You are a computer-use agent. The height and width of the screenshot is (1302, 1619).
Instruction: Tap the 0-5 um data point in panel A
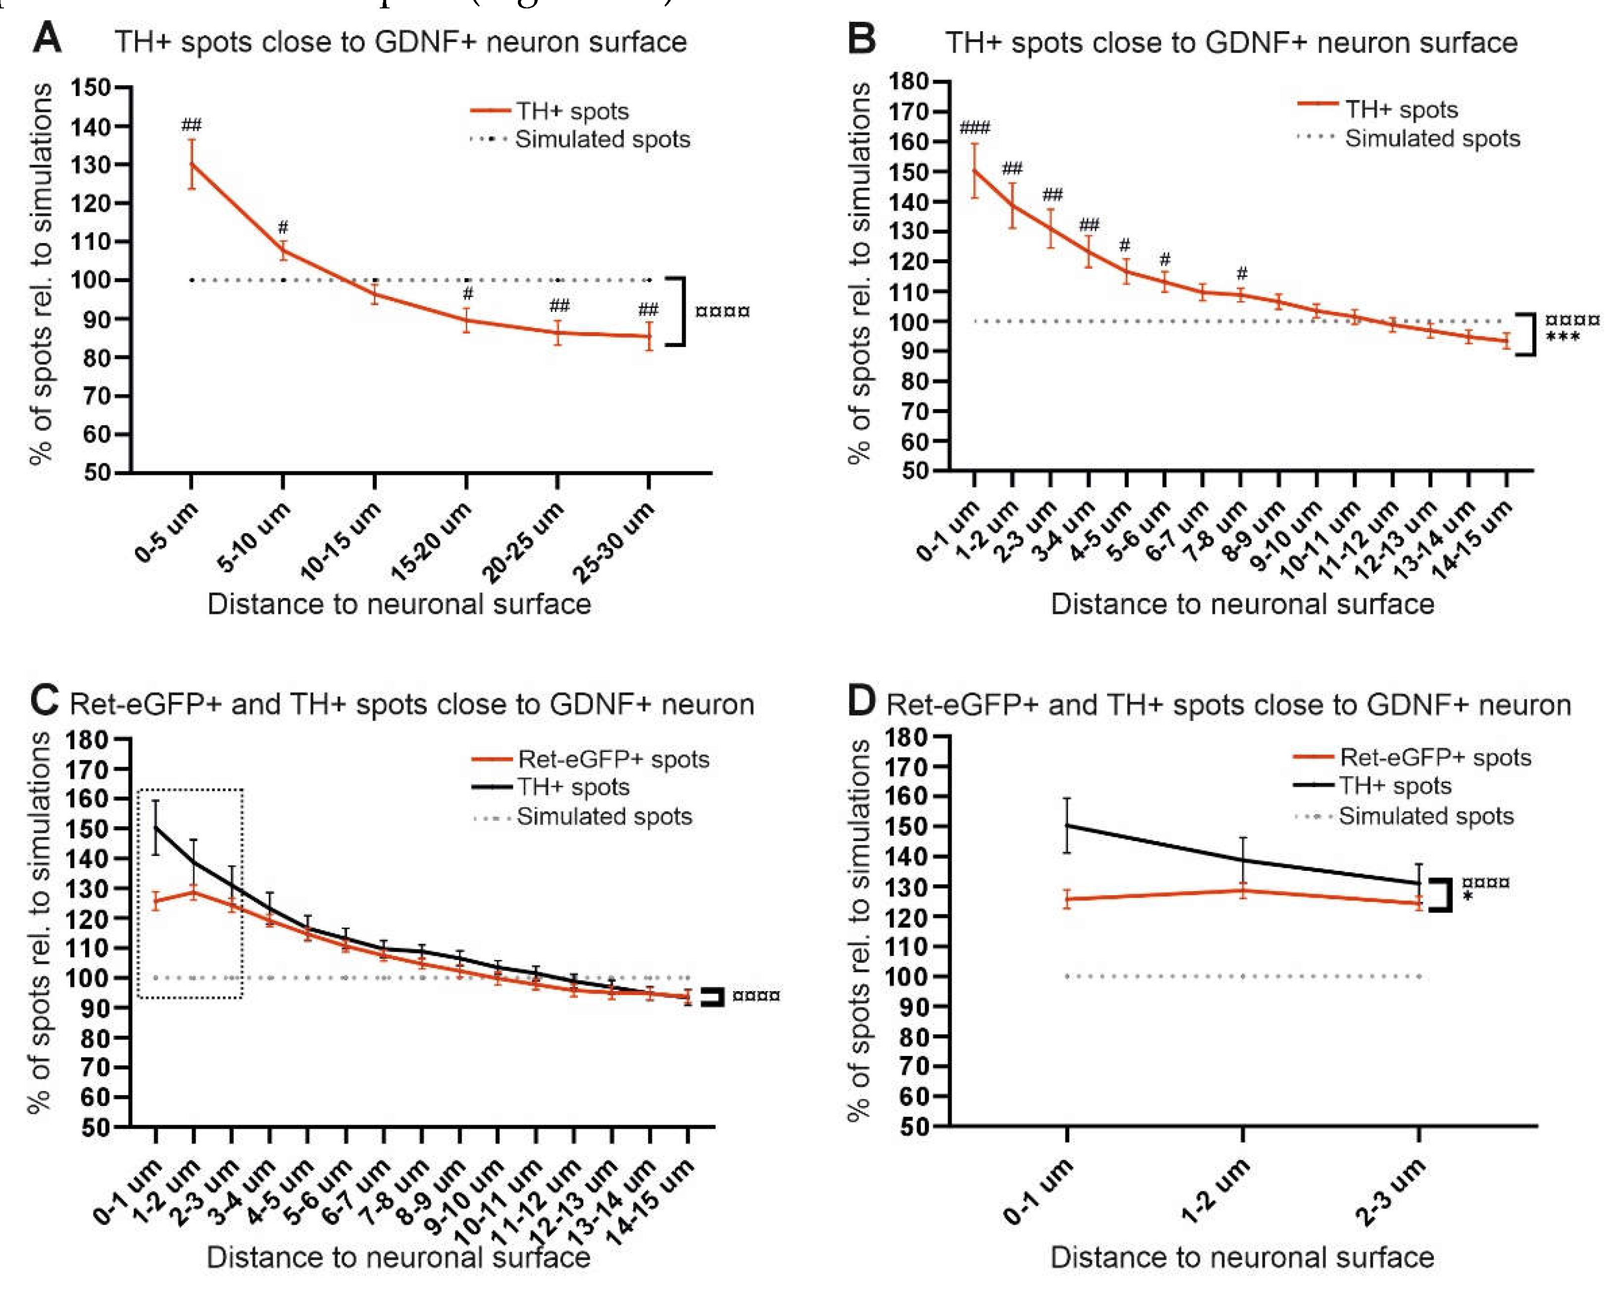192,164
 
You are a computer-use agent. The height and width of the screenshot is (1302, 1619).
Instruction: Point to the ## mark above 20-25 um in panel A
558,305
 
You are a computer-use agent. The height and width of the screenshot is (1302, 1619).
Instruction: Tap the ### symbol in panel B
975,128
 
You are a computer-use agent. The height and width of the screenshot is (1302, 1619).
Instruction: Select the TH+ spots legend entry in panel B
1401,109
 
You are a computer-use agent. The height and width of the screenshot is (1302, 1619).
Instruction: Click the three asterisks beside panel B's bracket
1563,337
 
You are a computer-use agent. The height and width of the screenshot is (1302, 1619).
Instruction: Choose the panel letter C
44,701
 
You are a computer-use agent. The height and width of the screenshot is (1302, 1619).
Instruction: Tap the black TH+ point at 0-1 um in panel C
155,827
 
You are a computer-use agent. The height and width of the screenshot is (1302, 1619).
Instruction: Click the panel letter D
861,701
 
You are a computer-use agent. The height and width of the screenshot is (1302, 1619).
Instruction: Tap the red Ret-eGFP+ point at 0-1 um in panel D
1067,899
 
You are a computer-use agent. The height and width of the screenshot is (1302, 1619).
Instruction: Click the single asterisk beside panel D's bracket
1468,896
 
